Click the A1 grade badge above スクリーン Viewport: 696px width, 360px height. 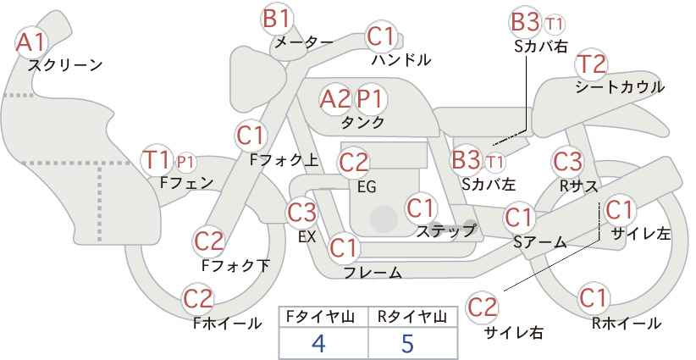point(31,42)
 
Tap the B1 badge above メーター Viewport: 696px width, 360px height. point(277,19)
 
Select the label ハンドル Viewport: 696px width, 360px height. point(401,59)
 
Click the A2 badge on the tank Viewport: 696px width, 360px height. point(335,99)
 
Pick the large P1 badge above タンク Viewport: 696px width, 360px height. point(370,99)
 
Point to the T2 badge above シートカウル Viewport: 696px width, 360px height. point(591,64)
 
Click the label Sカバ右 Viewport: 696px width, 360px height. point(541,47)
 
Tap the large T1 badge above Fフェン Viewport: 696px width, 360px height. point(157,161)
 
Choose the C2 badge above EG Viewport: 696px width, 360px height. point(354,163)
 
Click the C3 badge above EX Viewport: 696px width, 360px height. point(301,213)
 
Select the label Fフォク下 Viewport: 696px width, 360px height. point(235,265)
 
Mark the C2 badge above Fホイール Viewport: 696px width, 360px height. point(198,299)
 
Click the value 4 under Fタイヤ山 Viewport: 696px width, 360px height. point(318,343)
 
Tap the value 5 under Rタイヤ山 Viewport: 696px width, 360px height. point(407,343)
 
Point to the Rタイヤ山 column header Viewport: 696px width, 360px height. point(412,317)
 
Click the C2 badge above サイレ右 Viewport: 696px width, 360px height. point(482,307)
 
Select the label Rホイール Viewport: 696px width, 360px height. point(627,324)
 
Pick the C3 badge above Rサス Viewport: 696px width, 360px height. point(567,162)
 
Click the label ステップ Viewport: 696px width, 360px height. point(445,231)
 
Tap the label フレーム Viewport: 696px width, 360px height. point(373,272)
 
